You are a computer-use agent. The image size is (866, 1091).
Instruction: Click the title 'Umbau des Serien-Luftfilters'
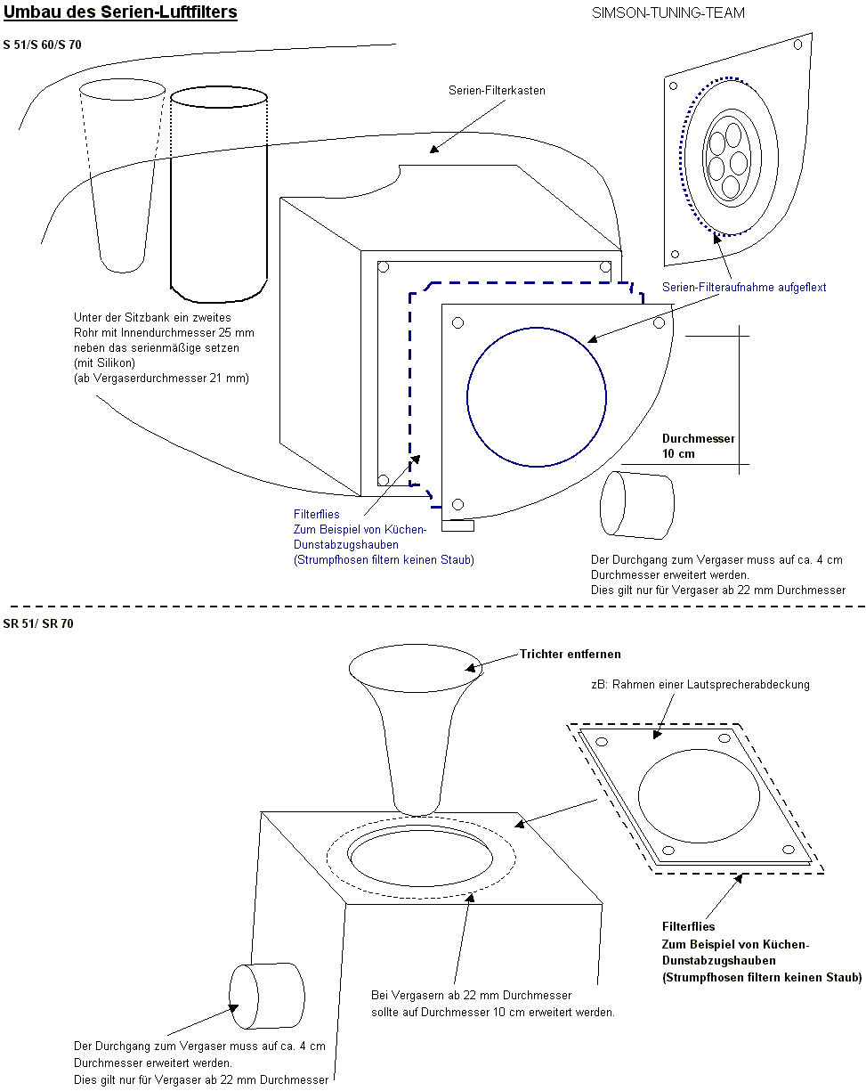(120, 13)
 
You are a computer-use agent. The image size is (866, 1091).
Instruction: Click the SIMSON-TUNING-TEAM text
(668, 13)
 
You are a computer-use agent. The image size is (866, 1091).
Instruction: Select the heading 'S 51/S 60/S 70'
(42, 45)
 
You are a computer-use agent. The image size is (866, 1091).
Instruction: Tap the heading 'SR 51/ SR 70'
(38, 623)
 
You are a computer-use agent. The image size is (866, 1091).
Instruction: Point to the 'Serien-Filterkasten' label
(498, 90)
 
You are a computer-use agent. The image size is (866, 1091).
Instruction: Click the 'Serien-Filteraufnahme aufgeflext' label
(744, 287)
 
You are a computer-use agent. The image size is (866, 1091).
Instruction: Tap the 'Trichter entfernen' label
(571, 654)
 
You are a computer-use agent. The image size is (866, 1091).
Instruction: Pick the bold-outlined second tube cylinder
(218, 196)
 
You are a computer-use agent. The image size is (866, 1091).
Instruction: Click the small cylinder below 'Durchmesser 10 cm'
(637, 505)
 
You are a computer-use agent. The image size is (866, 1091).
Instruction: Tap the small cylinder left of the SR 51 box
(267, 996)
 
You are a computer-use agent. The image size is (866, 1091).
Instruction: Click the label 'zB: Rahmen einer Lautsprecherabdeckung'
(700, 685)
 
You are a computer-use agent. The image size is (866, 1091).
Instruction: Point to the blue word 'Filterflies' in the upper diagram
(317, 514)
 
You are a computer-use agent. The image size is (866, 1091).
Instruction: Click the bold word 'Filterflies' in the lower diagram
(688, 926)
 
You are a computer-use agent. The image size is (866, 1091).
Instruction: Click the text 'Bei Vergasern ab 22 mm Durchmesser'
(471, 995)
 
